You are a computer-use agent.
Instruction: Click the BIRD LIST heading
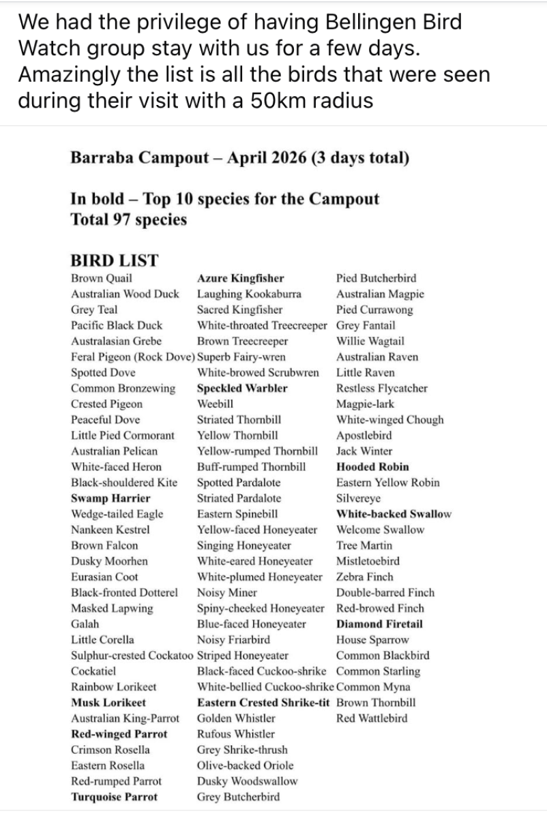(114, 260)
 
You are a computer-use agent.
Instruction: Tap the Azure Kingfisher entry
(240, 278)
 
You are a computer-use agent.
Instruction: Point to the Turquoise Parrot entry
(114, 797)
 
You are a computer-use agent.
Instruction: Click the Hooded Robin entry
(372, 467)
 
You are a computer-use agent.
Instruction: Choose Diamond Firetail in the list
(379, 624)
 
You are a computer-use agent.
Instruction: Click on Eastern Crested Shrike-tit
(263, 702)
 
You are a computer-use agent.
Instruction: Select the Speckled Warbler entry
(242, 389)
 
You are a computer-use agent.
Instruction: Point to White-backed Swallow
(394, 514)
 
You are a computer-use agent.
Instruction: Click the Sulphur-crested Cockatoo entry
(132, 656)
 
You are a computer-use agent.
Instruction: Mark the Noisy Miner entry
(226, 592)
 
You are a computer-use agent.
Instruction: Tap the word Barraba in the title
(102, 159)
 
